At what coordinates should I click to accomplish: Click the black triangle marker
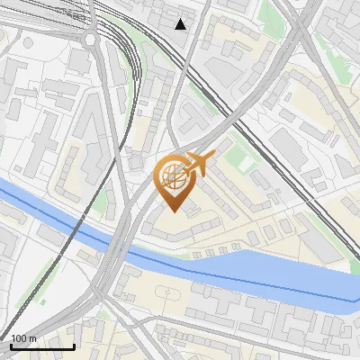(x=181, y=23)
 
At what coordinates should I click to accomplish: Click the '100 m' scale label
(x=23, y=339)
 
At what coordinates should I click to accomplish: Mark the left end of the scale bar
(x=10, y=346)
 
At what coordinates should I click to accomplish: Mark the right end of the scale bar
(x=74, y=346)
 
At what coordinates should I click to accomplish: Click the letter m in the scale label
(x=32, y=339)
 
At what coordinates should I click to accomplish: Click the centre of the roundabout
(x=90, y=40)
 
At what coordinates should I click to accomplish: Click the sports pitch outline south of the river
(x=166, y=294)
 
